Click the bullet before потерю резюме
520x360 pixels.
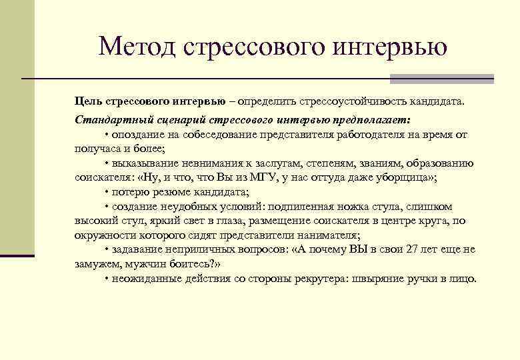click(107, 192)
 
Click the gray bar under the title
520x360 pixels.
click(442, 79)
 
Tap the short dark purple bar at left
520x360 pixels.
click(17, 255)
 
